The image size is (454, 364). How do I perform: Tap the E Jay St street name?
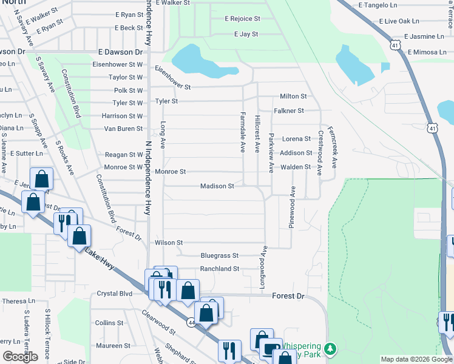[x=246, y=35]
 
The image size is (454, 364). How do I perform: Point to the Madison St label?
[x=217, y=186]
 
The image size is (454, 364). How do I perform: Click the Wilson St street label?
[x=168, y=243]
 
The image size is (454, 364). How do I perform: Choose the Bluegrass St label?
[x=219, y=256]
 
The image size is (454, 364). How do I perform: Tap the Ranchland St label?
[x=220, y=268]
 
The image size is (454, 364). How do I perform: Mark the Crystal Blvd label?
[x=115, y=294]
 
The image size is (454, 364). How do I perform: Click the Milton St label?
[x=293, y=96]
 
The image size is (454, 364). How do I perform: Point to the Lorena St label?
[x=296, y=139]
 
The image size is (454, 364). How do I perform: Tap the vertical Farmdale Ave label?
[x=242, y=132]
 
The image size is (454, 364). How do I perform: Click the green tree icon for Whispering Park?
[x=330, y=349]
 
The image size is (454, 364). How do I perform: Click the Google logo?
[x=21, y=357]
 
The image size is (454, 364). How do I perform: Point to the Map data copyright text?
[x=416, y=359]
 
